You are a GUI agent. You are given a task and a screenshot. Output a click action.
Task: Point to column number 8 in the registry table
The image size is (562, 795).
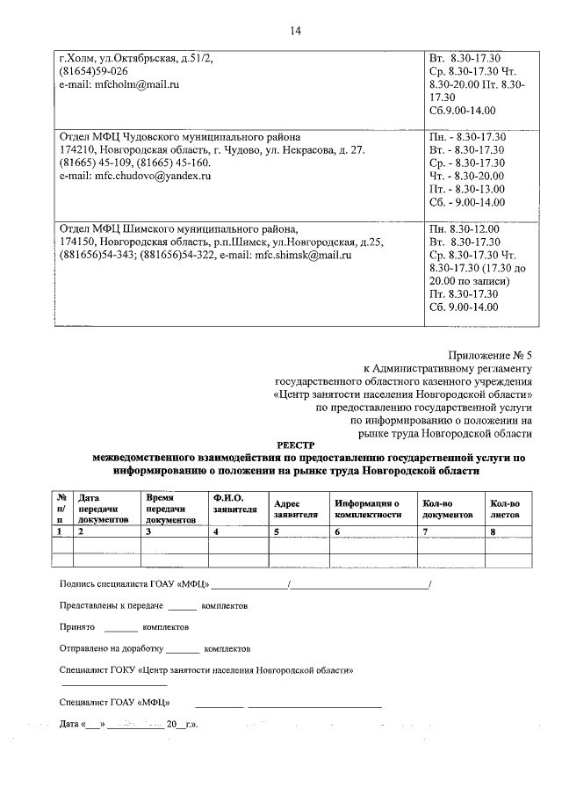[x=494, y=531]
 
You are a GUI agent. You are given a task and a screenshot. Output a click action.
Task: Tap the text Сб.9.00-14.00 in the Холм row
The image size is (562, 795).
[x=462, y=111]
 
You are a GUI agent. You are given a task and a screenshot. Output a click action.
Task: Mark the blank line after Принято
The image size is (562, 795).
[x=121, y=629]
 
